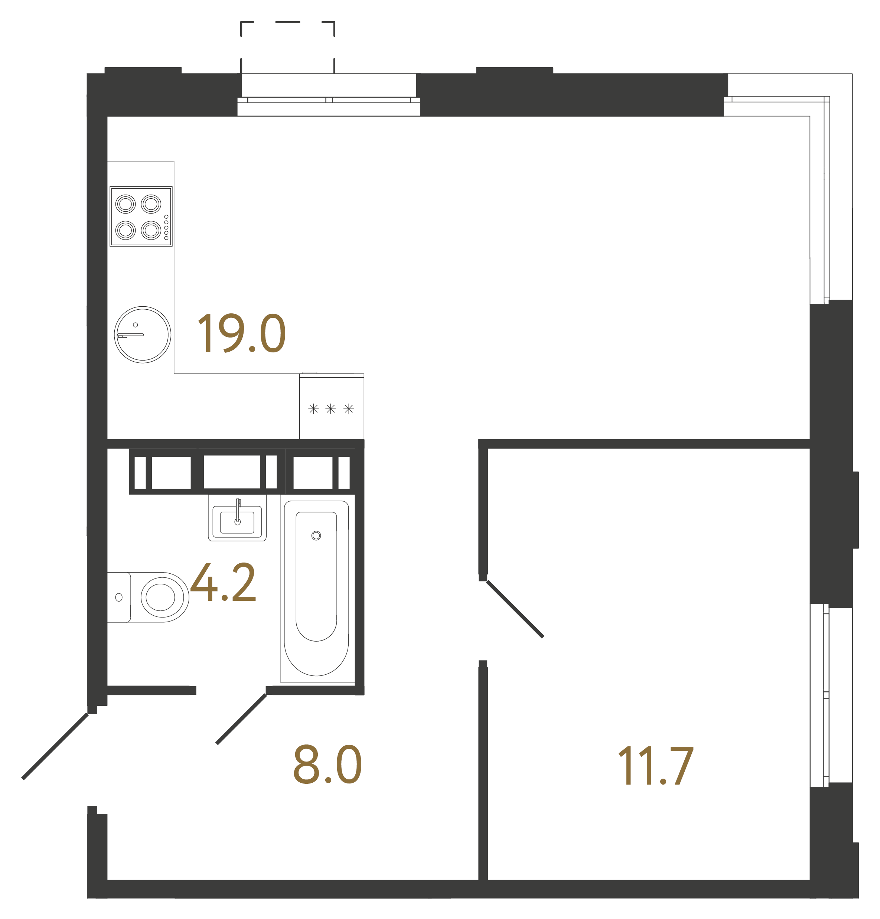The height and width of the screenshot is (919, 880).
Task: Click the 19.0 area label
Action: (241, 333)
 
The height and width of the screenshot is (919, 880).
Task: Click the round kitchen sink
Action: (143, 334)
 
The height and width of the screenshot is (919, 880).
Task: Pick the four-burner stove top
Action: (141, 216)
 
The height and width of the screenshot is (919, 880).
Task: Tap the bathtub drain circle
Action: (316, 535)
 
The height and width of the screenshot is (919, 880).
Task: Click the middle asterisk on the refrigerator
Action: (330, 409)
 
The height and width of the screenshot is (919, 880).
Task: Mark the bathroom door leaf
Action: (241, 718)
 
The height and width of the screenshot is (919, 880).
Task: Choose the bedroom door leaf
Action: (515, 609)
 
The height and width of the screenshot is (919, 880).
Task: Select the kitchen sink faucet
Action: (130, 335)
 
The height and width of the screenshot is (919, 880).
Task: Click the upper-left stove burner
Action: (126, 204)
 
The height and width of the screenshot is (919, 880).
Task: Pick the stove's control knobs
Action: (166, 227)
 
